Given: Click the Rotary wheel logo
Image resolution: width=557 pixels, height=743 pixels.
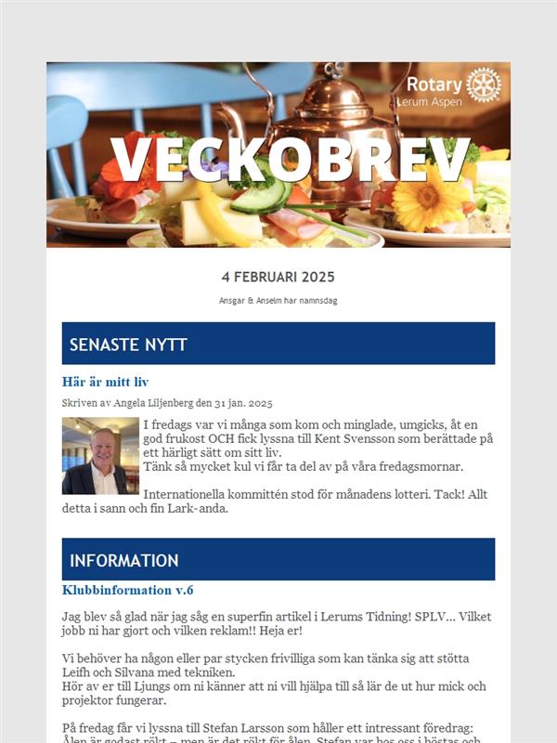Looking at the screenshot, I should coord(483,85).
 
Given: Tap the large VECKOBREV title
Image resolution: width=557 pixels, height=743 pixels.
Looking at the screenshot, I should coord(290,162).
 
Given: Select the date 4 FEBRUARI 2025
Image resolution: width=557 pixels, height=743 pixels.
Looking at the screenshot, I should coord(278,277).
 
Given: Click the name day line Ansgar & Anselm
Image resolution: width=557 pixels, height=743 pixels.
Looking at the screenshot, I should coord(278,301).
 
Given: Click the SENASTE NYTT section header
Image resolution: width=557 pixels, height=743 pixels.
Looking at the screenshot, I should coord(128,345).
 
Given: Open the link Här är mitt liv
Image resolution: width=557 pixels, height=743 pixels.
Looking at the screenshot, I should coord(105,382).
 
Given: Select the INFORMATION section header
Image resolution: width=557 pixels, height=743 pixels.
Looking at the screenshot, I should coord(124,560).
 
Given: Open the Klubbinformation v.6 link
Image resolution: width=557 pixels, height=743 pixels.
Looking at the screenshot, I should coord(127,590).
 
